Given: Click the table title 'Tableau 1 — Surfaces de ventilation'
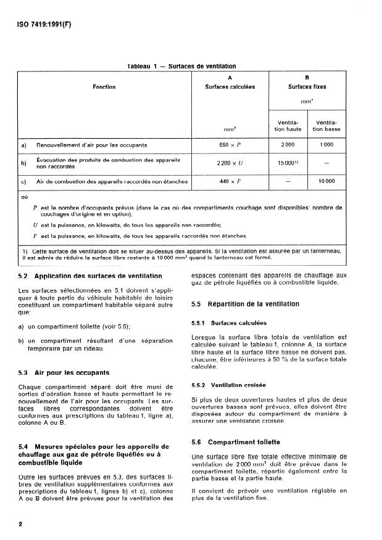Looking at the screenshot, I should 181,66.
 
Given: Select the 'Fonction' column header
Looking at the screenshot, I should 104,87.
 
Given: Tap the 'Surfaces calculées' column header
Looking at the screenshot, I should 230,87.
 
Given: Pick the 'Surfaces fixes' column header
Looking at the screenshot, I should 307,87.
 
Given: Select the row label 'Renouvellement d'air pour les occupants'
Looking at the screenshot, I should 92,145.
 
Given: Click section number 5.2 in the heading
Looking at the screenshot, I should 24,276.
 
